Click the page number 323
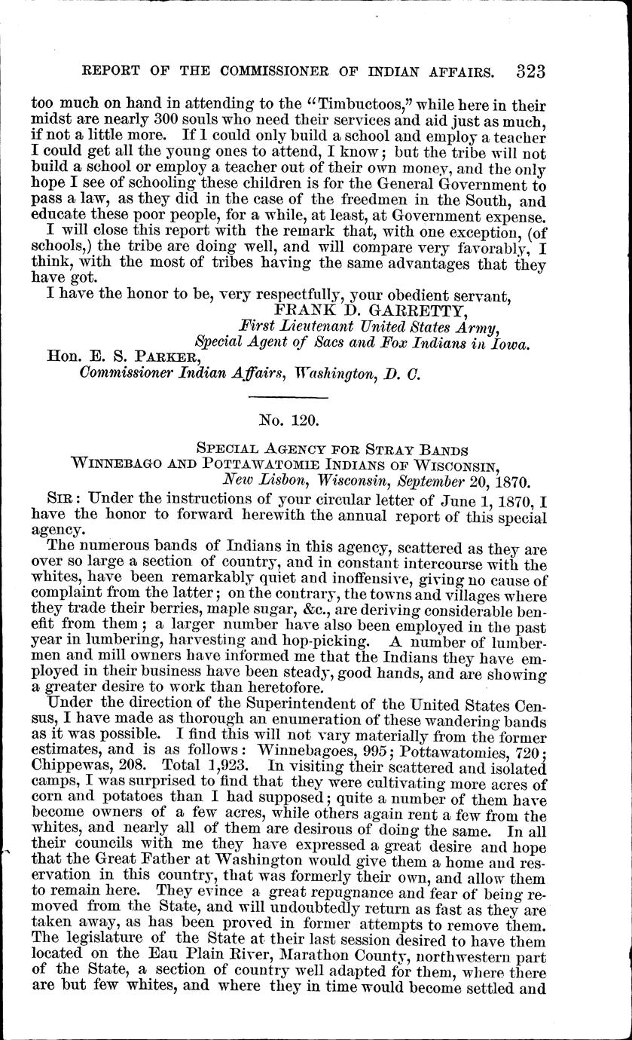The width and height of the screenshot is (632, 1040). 531,72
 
